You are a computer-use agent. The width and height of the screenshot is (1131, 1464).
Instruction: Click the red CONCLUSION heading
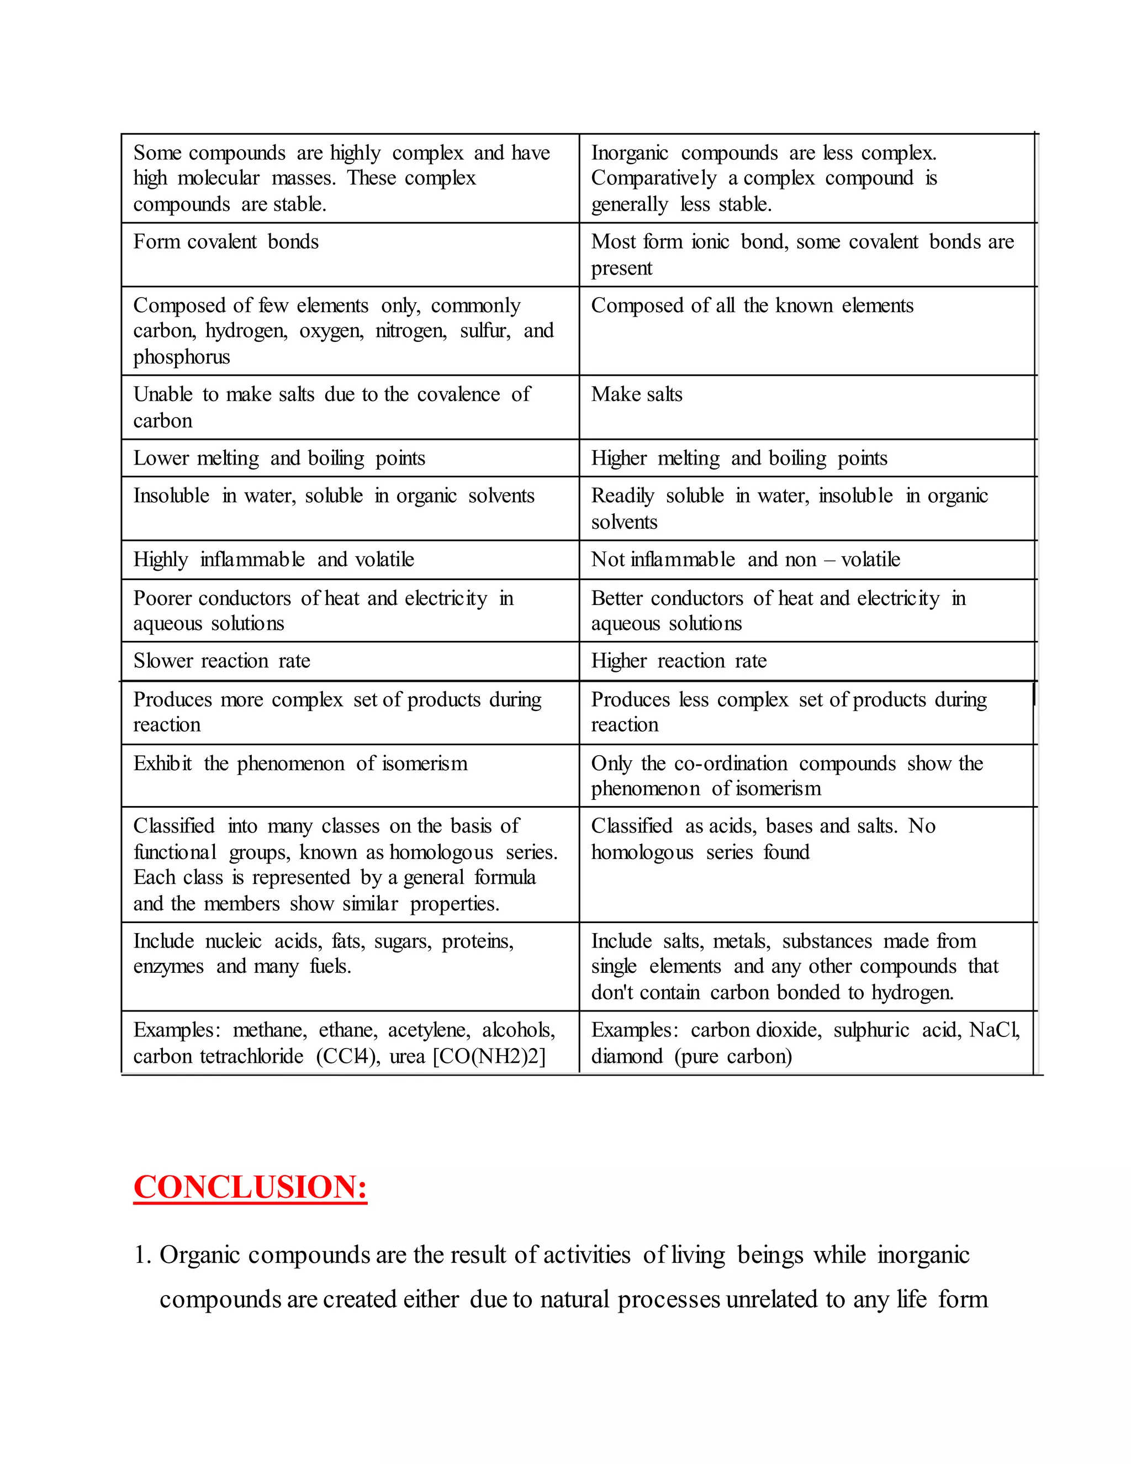(x=250, y=1187)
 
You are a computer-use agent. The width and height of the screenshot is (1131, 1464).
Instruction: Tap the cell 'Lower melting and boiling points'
(x=279, y=459)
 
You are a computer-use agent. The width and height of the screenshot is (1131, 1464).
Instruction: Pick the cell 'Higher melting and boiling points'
(x=739, y=459)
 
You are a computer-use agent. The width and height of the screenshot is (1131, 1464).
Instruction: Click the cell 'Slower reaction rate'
(x=222, y=661)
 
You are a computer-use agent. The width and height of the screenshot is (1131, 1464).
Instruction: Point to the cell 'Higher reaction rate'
(x=679, y=661)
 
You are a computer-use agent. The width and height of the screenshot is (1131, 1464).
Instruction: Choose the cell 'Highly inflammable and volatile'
(x=273, y=560)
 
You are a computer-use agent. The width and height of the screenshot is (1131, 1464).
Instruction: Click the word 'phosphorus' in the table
(x=182, y=357)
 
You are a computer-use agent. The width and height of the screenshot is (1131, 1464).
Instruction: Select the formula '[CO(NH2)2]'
(x=489, y=1056)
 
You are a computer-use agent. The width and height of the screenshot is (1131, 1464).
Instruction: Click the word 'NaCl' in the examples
(x=994, y=1030)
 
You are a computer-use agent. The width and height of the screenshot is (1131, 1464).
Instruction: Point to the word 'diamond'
(x=627, y=1056)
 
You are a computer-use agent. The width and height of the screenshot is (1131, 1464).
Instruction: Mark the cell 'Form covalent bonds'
(x=226, y=242)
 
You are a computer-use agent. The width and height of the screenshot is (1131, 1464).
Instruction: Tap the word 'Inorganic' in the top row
(x=630, y=154)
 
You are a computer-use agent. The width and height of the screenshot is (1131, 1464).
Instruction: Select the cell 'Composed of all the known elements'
(x=752, y=306)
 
